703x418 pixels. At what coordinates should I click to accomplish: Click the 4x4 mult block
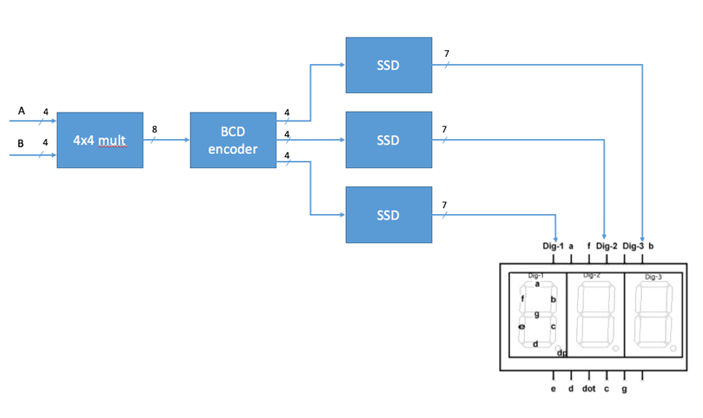100,140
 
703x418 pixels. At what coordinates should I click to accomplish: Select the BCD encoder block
233,140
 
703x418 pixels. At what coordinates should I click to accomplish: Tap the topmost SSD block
388,65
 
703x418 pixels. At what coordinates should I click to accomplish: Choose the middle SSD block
388,140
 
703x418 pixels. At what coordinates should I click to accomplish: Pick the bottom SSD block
388,215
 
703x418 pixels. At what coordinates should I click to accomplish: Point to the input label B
21,143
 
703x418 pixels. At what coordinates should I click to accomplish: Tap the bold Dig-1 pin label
553,246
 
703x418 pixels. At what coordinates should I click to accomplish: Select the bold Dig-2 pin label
607,246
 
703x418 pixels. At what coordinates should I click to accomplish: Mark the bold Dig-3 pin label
633,246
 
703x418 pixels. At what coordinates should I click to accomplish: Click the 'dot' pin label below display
589,388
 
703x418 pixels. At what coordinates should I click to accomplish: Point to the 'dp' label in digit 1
561,353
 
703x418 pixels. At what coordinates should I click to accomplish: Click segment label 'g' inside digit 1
537,313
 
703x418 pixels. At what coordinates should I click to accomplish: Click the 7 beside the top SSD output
445,54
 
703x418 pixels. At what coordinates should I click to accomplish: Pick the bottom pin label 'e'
553,388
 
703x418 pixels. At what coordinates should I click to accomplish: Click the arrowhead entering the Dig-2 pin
605,236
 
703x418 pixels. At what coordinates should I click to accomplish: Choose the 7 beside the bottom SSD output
445,205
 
